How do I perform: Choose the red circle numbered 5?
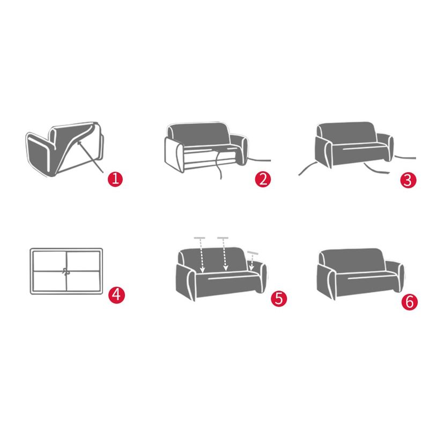point(278,298)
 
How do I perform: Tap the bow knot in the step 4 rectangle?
point(66,271)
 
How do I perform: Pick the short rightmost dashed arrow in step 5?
point(252,261)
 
